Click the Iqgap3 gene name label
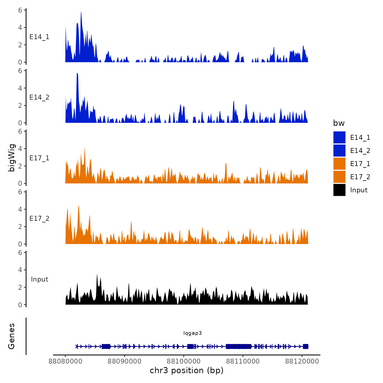click(x=193, y=333)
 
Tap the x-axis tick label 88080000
click(x=65, y=361)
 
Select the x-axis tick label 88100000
click(x=184, y=361)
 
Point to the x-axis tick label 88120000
click(x=302, y=361)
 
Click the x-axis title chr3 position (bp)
click(x=187, y=370)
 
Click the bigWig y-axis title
click(x=11, y=158)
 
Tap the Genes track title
click(x=11, y=336)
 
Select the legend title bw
click(x=339, y=123)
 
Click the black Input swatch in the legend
click(x=339, y=190)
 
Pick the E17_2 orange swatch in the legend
click(x=339, y=177)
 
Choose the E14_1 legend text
click(x=360, y=137)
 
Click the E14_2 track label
click(x=39, y=97)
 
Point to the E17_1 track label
click(x=39, y=158)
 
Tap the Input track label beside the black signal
click(x=39, y=279)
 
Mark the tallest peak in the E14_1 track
click(x=81, y=12)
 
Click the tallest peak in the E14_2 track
click(x=77, y=74)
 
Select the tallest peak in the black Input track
click(x=97, y=274)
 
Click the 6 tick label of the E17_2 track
click(x=20, y=192)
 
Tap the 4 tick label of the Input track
click(x=20, y=270)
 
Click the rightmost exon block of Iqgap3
click(x=306, y=346)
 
